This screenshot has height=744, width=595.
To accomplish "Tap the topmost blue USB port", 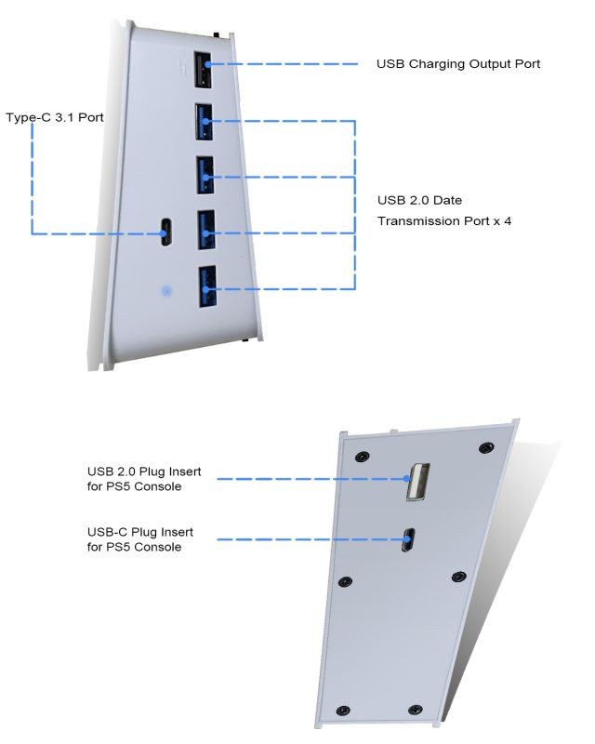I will click(x=205, y=120).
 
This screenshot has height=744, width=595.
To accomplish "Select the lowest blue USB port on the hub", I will click(x=205, y=287).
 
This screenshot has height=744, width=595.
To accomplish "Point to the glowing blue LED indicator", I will click(x=166, y=291).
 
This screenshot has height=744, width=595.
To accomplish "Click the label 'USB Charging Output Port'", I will click(x=457, y=64).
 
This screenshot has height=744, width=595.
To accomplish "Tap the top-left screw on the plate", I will click(x=361, y=456).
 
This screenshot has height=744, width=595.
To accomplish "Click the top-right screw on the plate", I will click(x=484, y=448).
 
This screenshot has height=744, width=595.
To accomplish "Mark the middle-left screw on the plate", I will click(x=346, y=579).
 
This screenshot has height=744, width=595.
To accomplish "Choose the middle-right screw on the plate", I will click(x=457, y=577).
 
